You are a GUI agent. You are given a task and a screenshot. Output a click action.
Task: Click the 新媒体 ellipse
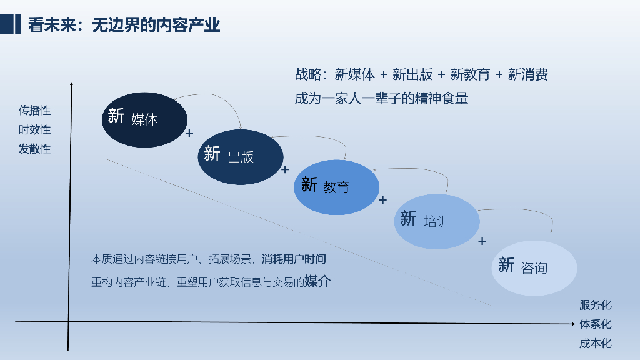tap(144, 119)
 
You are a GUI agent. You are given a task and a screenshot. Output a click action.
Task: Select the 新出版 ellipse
tap(241, 156)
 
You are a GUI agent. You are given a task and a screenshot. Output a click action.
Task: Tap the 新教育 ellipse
tap(336, 187)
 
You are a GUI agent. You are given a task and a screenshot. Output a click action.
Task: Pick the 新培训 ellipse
tap(436, 221)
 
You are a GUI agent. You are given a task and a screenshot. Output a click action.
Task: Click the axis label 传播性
tap(34, 111)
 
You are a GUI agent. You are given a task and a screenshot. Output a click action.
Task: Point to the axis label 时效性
tap(34, 130)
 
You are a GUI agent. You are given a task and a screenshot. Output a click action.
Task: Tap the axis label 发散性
tap(34, 149)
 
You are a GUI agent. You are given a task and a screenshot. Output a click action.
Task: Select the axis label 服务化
tap(595, 305)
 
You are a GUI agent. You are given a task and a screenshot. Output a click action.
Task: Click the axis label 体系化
tap(595, 324)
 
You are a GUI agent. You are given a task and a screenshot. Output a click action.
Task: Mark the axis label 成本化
tap(595, 343)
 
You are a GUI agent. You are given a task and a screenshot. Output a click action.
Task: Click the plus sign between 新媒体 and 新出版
tap(189, 133)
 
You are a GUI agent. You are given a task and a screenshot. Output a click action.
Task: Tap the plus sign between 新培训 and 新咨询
tap(482, 241)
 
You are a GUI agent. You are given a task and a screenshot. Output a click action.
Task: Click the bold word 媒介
tap(317, 281)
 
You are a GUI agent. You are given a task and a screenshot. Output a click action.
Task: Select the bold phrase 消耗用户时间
tap(294, 259)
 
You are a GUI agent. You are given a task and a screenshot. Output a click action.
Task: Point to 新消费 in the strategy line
tap(528, 75)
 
